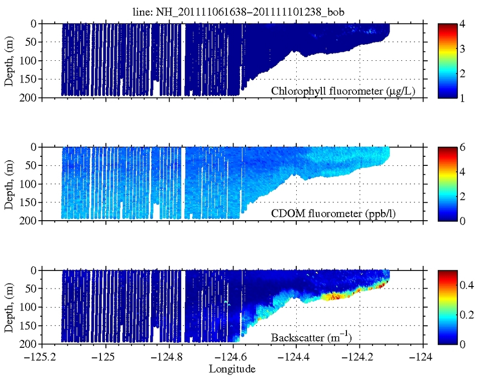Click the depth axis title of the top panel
(9, 60)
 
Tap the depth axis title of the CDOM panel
(9, 183)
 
